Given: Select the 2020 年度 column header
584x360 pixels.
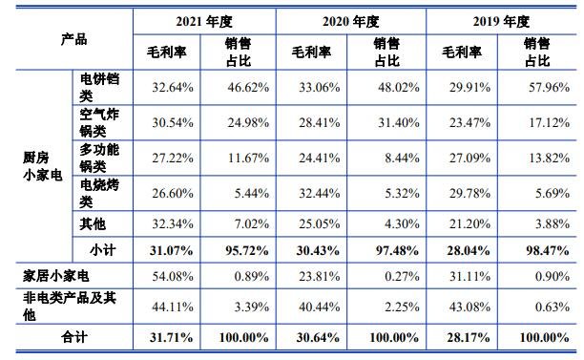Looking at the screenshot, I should pyautogui.click(x=352, y=20).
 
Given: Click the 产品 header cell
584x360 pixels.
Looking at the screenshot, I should pyautogui.click(x=73, y=39).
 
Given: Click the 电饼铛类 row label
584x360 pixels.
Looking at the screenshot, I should pyautogui.click(x=99, y=87).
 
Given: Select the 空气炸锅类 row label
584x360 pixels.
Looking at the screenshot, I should pyautogui.click(x=99, y=121).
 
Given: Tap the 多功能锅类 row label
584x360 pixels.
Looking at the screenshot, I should pyautogui.click(x=99, y=157).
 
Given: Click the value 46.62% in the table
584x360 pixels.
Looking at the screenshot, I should pyautogui.click(x=243, y=87).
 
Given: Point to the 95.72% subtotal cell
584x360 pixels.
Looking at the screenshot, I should pyautogui.click(x=241, y=250).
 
